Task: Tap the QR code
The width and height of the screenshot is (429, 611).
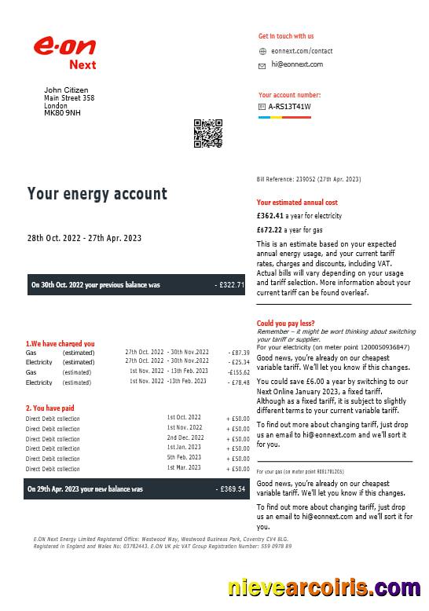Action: click(208, 133)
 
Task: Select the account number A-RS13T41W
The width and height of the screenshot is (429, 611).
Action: click(289, 107)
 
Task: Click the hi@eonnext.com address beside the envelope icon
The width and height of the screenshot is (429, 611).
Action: click(297, 65)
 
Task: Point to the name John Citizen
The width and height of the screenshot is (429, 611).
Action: click(66, 90)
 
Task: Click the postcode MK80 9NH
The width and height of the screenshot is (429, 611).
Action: click(62, 113)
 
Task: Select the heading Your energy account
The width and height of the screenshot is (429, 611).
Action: click(97, 194)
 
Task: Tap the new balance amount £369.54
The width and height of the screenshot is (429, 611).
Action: click(230, 488)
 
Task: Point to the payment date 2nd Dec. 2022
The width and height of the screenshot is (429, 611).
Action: click(185, 437)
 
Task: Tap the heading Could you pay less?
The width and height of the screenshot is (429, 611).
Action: click(286, 324)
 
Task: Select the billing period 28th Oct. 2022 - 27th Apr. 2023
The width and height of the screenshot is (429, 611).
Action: click(84, 238)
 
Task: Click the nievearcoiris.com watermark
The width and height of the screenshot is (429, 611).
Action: click(323, 588)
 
